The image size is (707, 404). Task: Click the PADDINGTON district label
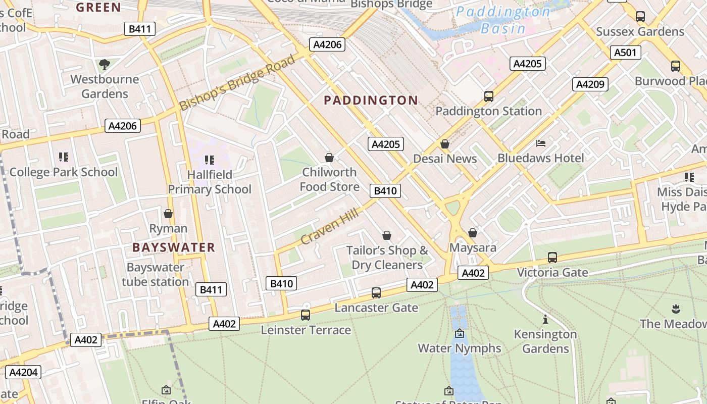pos(371,100)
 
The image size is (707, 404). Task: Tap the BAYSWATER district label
pos(174,247)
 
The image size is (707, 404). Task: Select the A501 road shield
pos(626,53)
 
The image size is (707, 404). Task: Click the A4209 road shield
pos(590,84)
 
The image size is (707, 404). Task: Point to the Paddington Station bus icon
pos(488,96)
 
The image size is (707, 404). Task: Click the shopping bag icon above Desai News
pos(445,144)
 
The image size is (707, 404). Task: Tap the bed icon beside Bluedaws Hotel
pos(540,143)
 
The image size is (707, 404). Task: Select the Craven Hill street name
pos(330,226)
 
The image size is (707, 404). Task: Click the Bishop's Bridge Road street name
pos(237,83)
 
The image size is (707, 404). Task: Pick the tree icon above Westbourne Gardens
pos(105,64)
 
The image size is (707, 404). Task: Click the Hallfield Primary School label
pos(210,182)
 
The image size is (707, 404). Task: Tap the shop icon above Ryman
pos(168,214)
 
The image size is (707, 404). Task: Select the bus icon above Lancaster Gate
pos(376,292)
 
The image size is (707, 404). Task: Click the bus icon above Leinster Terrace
pos(306,315)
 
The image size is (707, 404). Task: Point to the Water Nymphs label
pos(459,348)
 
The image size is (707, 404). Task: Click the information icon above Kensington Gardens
pos(545,319)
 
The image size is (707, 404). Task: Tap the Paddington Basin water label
pos(503,19)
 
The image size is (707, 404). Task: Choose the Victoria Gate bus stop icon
pos(552,257)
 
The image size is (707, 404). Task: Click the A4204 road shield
pos(23,372)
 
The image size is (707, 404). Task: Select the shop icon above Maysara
pos(473,233)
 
